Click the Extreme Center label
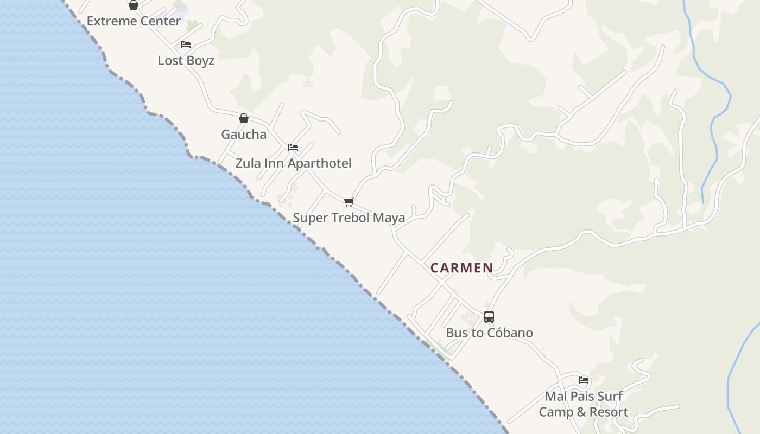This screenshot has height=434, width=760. tap(134, 21)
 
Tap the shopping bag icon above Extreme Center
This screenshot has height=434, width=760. tap(133, 5)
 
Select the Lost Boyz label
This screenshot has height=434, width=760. tap(186, 60)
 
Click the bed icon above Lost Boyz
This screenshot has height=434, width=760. tap(186, 44)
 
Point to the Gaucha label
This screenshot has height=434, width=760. tap(244, 135)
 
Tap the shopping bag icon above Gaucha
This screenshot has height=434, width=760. tap(244, 118)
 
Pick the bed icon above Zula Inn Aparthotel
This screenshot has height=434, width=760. tap(293, 147)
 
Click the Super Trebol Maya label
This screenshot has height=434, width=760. tap(349, 218)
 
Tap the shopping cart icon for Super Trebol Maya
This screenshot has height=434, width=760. tap(349, 202)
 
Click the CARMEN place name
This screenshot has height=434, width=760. tap(462, 267)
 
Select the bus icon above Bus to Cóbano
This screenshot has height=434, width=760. tap(489, 316)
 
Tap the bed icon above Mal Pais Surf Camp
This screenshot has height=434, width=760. tap(584, 380)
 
